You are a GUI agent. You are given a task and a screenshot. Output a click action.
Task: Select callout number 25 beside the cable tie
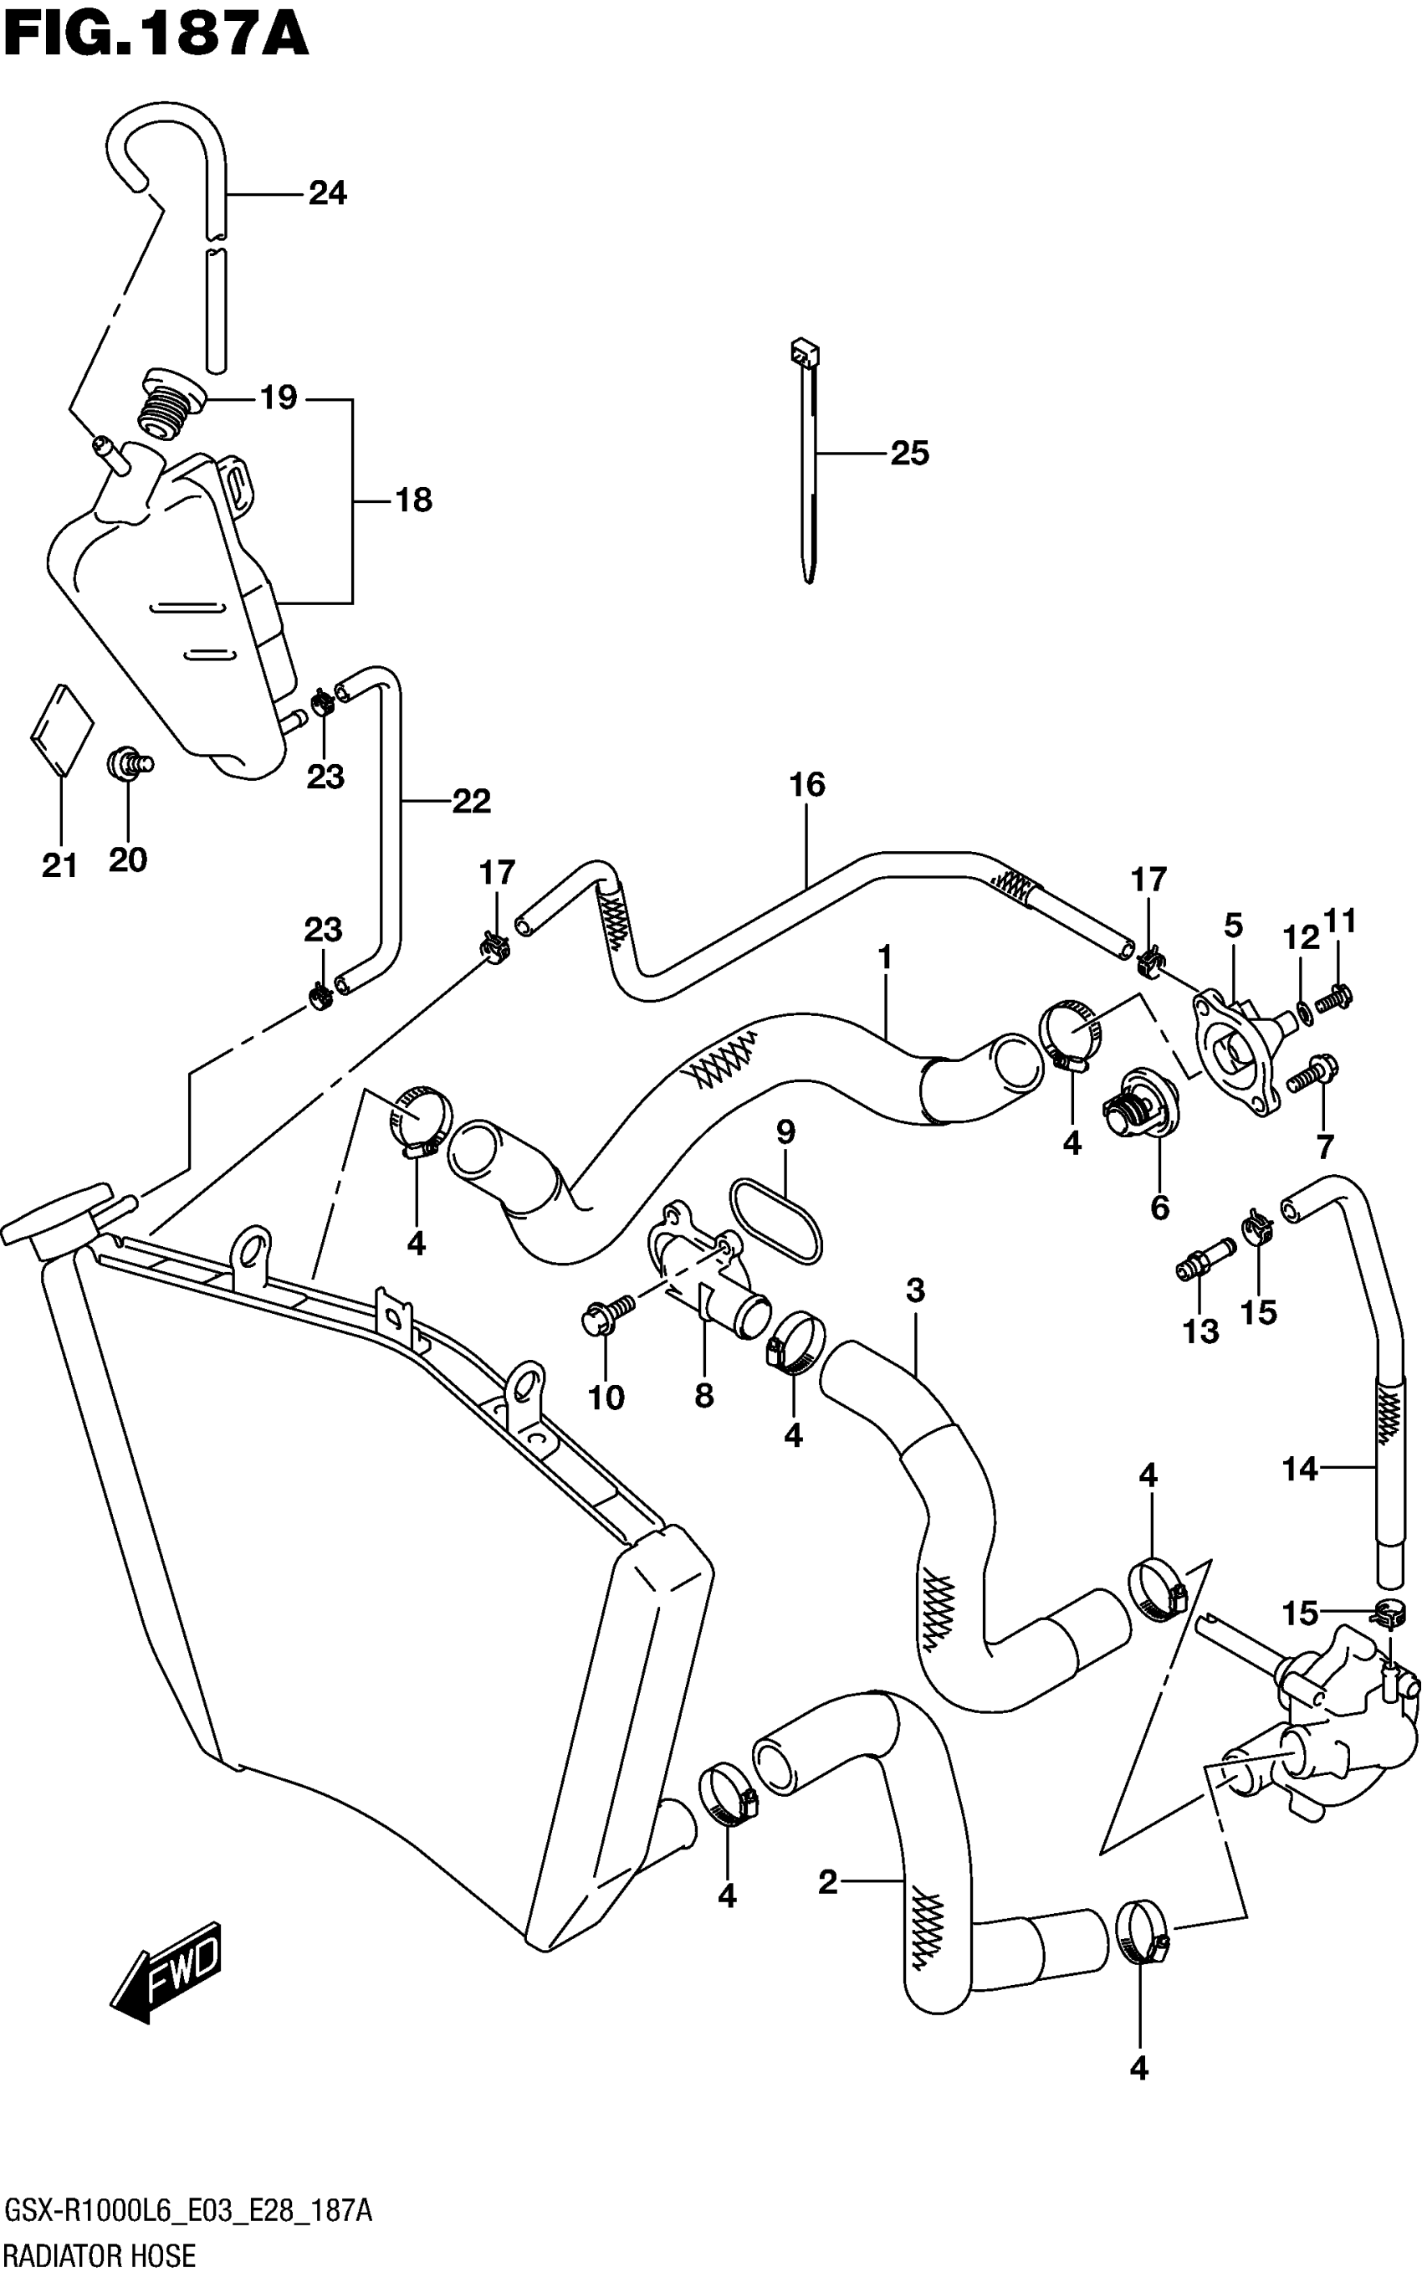click(908, 454)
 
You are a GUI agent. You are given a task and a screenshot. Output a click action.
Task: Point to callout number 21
click(59, 864)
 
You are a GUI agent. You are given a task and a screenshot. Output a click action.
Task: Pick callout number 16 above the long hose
click(807, 784)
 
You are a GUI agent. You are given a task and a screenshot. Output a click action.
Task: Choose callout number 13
click(1200, 1331)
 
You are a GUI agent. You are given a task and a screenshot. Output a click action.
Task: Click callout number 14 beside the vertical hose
click(1300, 1469)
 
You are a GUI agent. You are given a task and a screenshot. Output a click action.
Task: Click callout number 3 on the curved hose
click(915, 1290)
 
